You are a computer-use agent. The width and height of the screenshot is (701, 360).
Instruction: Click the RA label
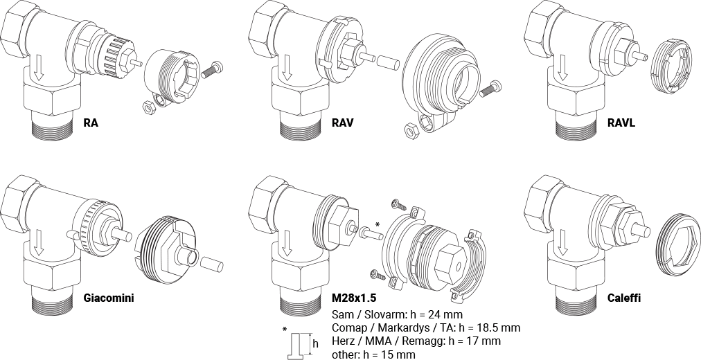pos(90,124)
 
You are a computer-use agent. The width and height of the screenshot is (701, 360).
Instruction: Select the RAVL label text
pos(621,124)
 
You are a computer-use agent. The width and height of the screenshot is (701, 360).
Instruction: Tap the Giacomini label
pos(108,298)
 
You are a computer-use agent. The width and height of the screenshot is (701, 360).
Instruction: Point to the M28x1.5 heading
pos(353,298)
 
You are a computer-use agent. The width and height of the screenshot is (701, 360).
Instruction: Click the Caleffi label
pos(623,298)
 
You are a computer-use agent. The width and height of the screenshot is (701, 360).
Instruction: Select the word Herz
pos(343,341)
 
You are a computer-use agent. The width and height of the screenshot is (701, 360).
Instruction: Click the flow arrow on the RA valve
pos(39,66)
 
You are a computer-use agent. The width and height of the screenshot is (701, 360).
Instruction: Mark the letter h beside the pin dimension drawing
pos(316,343)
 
